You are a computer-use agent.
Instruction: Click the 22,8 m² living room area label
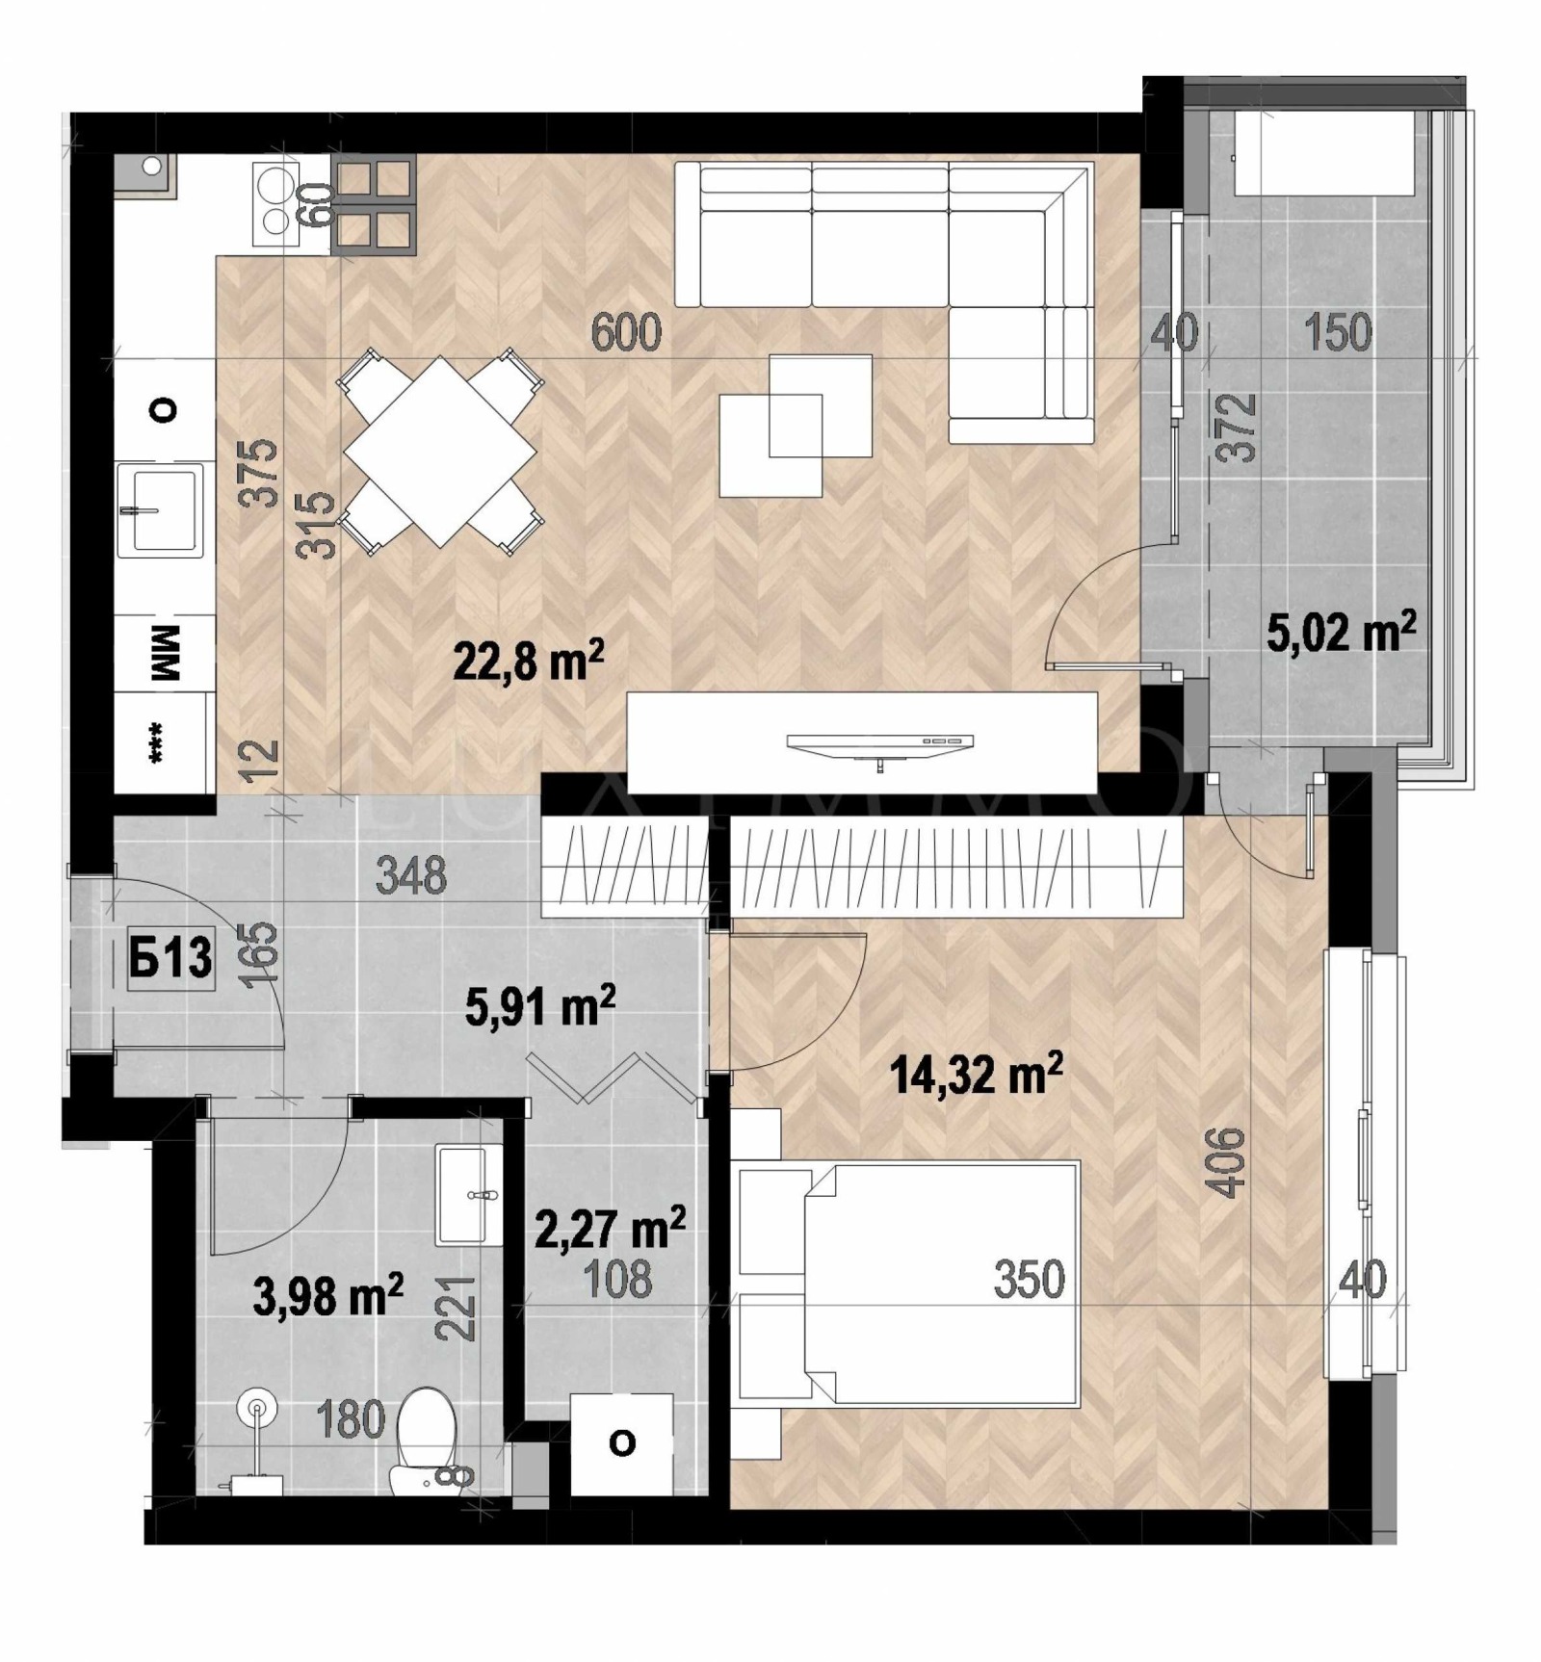click(x=528, y=662)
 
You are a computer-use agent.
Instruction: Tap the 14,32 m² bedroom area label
click(x=977, y=1073)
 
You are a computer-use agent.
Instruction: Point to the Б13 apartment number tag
click(x=171, y=959)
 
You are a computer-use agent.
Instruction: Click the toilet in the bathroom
click(x=425, y=1441)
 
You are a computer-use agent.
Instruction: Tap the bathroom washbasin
click(x=468, y=1195)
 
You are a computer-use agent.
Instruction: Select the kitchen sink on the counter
click(x=160, y=509)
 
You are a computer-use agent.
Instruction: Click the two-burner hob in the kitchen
click(x=275, y=204)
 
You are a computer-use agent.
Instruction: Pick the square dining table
click(x=440, y=451)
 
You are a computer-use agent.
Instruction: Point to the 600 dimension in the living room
click(x=626, y=333)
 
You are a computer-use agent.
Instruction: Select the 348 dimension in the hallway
click(x=411, y=876)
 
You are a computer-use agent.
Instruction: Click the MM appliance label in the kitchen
click(x=165, y=652)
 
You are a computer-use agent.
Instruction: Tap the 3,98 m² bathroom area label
click(x=327, y=1296)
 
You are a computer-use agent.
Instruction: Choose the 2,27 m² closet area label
click(x=609, y=1230)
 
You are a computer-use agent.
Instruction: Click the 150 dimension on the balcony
click(x=1337, y=332)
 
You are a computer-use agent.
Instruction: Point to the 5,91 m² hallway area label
click(x=539, y=1007)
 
